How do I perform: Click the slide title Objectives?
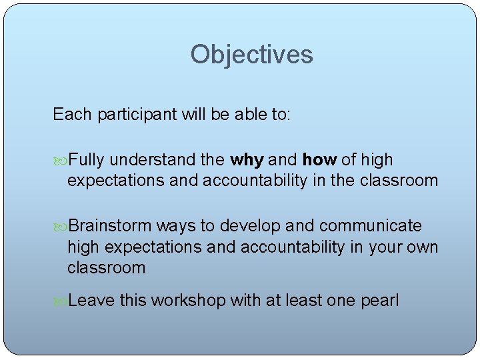tap(251, 55)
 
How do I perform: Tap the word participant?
tap(135, 115)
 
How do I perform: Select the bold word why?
tap(247, 160)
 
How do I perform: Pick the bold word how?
tap(319, 160)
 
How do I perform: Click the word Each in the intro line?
tap(72, 115)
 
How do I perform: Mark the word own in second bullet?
tap(423, 247)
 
